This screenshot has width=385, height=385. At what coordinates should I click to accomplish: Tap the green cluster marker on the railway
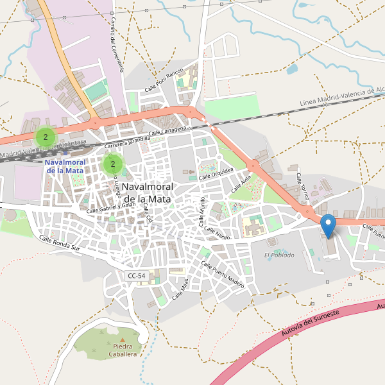[x=46, y=137]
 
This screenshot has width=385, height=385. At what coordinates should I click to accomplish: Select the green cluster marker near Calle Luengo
[x=113, y=164]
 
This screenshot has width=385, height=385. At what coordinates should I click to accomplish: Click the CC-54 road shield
[x=136, y=276]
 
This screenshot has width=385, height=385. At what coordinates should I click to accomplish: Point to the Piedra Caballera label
[x=122, y=350]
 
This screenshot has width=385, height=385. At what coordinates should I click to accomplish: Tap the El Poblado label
[x=279, y=255]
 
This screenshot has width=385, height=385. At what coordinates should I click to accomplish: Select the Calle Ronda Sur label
[x=60, y=243]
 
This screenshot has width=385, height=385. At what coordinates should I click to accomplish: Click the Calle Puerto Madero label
[x=223, y=274]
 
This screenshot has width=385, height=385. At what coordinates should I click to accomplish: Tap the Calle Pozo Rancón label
[x=164, y=80]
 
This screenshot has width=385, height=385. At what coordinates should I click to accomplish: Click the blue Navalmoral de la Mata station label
[x=65, y=166]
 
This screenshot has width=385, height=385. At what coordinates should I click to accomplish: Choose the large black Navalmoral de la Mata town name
[x=146, y=193]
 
